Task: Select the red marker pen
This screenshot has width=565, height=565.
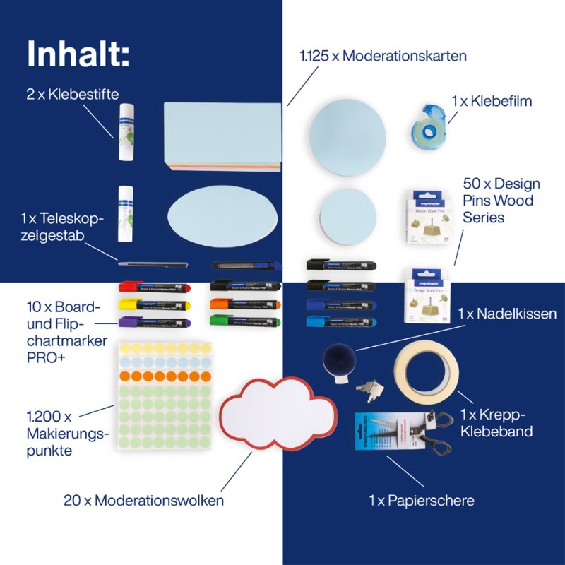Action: [x=152, y=287]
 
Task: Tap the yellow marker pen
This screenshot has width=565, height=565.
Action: [x=152, y=304]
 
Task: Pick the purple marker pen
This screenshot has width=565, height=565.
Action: [x=152, y=321]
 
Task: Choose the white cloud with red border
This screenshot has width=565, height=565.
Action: [x=278, y=417]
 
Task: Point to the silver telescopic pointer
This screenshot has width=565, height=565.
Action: [x=153, y=264]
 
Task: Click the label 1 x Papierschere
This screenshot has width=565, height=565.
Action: [x=421, y=501]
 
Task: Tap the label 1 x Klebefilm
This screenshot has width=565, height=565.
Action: [x=491, y=101]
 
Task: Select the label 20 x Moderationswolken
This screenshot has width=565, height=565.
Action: [x=143, y=501]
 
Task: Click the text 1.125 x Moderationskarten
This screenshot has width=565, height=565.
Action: [x=383, y=55]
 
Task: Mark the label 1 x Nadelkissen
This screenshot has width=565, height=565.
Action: [x=507, y=313]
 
